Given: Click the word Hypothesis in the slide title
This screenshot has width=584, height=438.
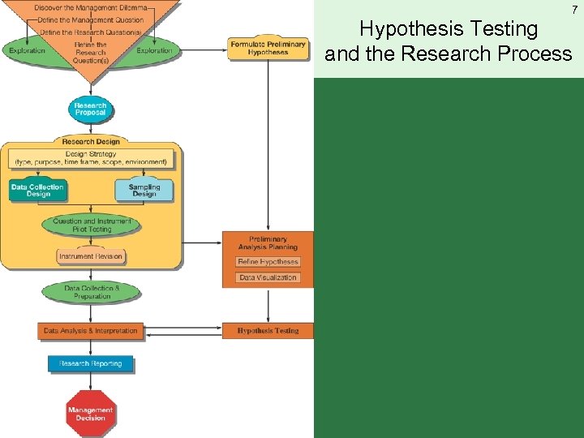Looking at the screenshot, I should click(x=403, y=29).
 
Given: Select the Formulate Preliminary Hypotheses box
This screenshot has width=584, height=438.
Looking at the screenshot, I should click(x=268, y=47).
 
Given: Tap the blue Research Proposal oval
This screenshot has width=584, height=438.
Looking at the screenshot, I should click(x=90, y=109).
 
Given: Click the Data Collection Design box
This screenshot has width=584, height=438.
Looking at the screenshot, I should click(x=37, y=191).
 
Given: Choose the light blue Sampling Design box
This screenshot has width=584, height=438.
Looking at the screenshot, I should click(x=144, y=191).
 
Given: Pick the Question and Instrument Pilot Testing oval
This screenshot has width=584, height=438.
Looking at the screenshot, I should click(x=92, y=225).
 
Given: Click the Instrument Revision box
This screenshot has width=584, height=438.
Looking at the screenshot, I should click(x=91, y=256).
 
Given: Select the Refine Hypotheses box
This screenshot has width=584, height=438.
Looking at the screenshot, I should click(x=268, y=262).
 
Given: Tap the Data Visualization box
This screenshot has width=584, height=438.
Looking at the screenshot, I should click(x=268, y=277).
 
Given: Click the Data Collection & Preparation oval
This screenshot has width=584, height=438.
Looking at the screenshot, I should click(x=92, y=292).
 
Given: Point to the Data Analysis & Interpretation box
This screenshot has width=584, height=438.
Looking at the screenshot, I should click(x=91, y=331).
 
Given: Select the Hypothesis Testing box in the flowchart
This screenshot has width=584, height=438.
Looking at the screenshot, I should click(x=268, y=331).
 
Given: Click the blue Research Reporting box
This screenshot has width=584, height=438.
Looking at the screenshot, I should click(x=90, y=363).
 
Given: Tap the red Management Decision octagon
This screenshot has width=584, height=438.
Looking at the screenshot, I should click(x=91, y=414).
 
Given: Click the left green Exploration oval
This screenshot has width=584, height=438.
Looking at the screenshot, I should click(x=28, y=50).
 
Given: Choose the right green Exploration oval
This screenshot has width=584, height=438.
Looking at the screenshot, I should click(x=154, y=50).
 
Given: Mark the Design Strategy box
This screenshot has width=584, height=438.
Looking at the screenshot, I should click(x=91, y=157).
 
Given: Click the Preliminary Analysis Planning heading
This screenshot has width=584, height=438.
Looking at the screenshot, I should click(x=268, y=243).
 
